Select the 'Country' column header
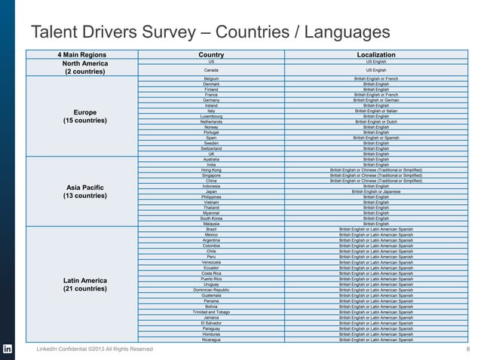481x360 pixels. [x=210, y=55]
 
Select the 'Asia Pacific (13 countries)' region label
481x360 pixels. [x=85, y=191]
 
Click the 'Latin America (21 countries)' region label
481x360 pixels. [x=85, y=285]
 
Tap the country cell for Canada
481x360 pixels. [x=211, y=69]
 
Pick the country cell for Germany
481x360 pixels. [x=211, y=100]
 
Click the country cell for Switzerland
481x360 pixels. [x=211, y=148]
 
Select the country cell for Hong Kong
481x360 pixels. [x=211, y=170]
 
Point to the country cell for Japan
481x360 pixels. [x=211, y=191]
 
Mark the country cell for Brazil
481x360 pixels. [x=211, y=229]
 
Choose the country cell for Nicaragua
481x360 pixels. [x=211, y=340]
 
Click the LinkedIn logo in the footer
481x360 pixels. [x=8, y=349]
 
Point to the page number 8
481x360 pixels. [x=469, y=349]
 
